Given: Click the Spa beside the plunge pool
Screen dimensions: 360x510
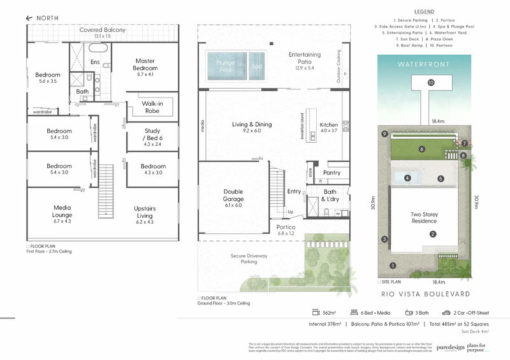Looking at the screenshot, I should pyautogui.click(x=256, y=66).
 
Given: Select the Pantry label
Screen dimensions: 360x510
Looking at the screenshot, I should pyautogui.click(x=331, y=173).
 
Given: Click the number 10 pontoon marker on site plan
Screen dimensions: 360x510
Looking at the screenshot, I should pyautogui.click(x=431, y=83).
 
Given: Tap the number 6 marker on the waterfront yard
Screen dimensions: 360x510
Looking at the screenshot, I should pyautogui.click(x=421, y=149).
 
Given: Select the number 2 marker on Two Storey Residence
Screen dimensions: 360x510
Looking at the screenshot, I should pyautogui.click(x=432, y=234).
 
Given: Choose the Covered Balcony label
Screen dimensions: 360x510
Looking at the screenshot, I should pyautogui.click(x=102, y=30).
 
